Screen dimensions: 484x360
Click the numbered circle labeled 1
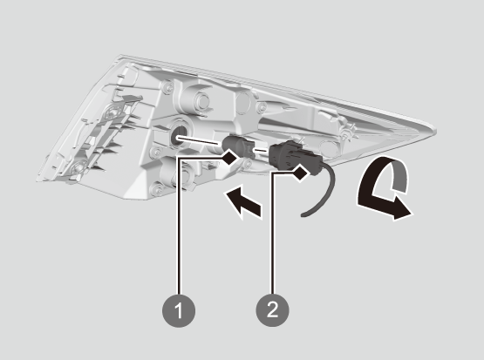point(179,310)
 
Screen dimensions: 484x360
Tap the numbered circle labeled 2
point(272,309)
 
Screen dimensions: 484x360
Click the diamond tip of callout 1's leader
point(230,157)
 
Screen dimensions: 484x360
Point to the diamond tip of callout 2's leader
point(300,173)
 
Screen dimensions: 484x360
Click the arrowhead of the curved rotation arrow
point(401,210)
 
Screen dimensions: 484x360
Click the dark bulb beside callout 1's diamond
point(235,145)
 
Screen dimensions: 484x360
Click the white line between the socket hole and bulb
point(200,140)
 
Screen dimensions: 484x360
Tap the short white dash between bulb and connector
point(261,151)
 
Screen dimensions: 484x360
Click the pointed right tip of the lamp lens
point(435,130)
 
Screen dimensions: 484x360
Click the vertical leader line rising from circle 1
point(178,226)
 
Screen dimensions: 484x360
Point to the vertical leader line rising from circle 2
point(272,234)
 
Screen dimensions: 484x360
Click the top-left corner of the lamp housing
point(119,56)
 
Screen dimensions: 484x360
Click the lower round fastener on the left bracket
point(78,167)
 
